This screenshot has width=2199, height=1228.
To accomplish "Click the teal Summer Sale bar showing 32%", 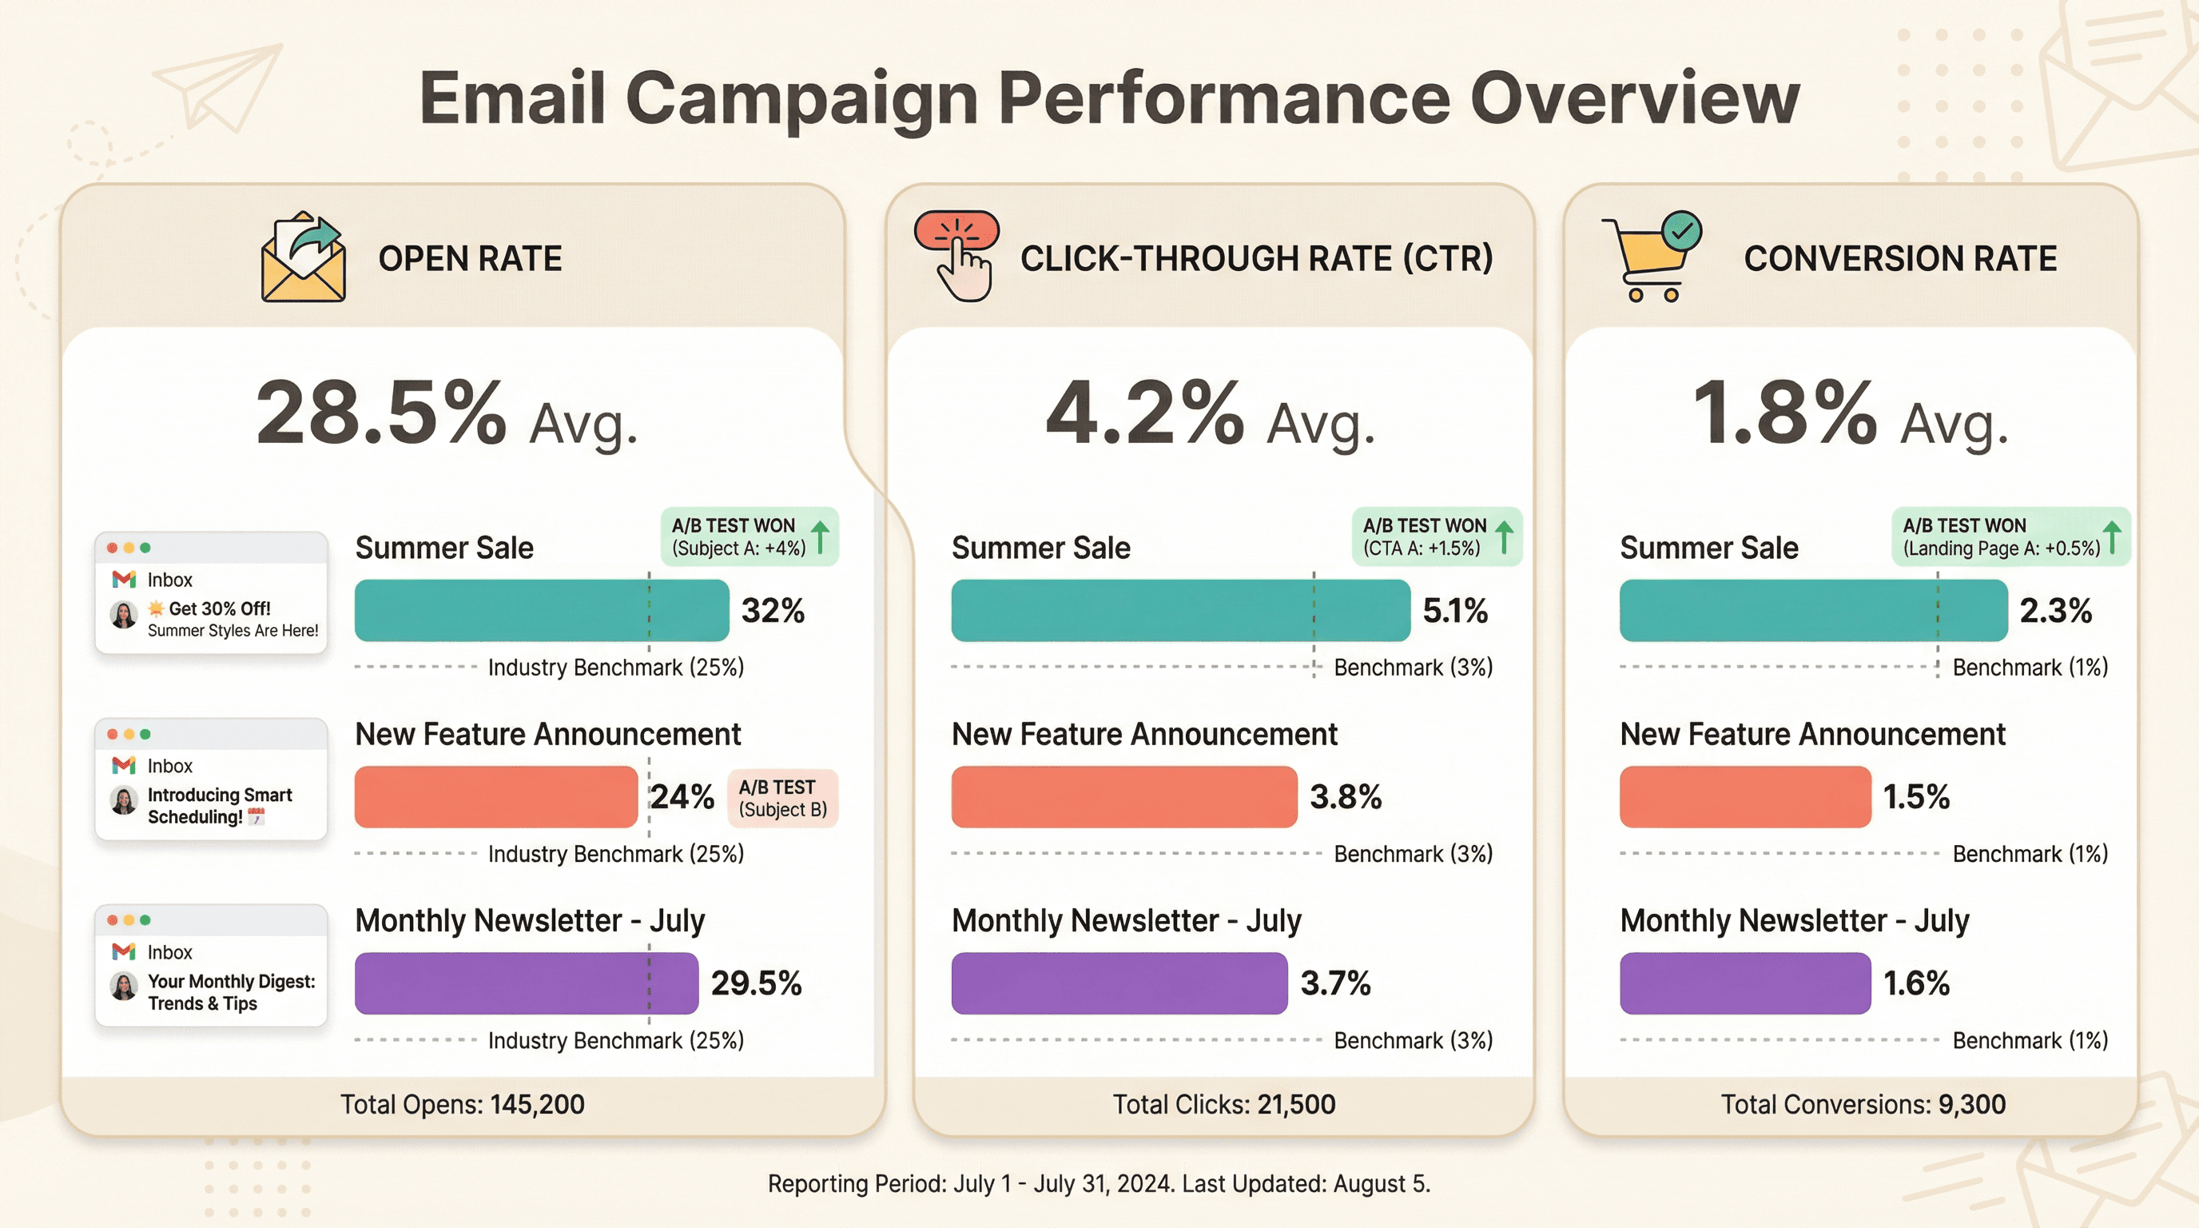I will (541, 610).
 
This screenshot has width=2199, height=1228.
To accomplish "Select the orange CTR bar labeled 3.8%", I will (1123, 796).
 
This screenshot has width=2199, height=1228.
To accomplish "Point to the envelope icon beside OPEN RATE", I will (303, 258).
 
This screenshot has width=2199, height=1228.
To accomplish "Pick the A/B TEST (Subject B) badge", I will (782, 798).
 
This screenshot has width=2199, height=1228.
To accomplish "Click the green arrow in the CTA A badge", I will (1504, 536).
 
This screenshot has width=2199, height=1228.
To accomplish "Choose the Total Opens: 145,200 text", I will (462, 1104).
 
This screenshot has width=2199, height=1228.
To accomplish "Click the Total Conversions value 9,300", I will (1971, 1104).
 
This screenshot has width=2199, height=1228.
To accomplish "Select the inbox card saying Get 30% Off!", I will (211, 592).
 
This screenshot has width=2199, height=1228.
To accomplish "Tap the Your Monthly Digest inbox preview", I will (211, 965).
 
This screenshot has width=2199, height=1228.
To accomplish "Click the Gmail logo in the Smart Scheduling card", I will (124, 765).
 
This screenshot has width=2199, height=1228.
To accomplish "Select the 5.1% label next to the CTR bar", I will (1454, 610).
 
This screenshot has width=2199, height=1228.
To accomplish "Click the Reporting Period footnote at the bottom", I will (1099, 1183).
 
